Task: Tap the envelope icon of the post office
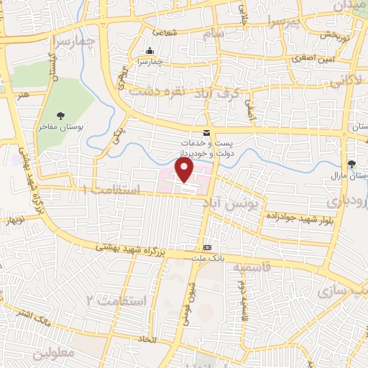[207, 132]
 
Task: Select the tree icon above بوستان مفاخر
[61, 116]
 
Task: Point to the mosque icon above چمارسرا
[149, 50]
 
